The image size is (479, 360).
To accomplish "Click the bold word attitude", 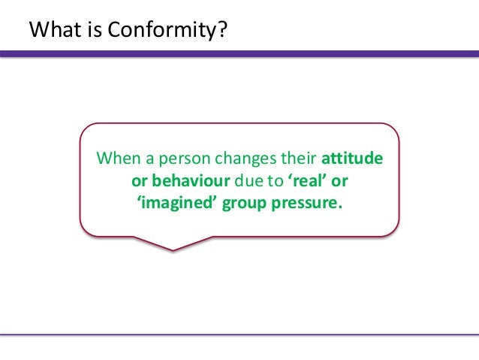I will coord(353,160).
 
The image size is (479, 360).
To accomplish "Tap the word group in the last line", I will coord(240,203).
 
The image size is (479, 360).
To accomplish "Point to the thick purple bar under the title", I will coord(239,54).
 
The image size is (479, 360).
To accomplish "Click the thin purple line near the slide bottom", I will coord(239,334).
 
